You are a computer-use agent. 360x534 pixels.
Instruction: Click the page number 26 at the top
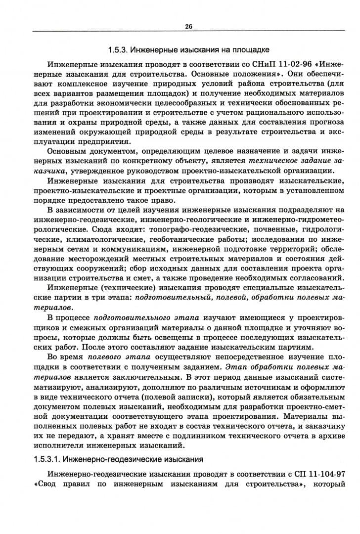coord(188,27)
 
